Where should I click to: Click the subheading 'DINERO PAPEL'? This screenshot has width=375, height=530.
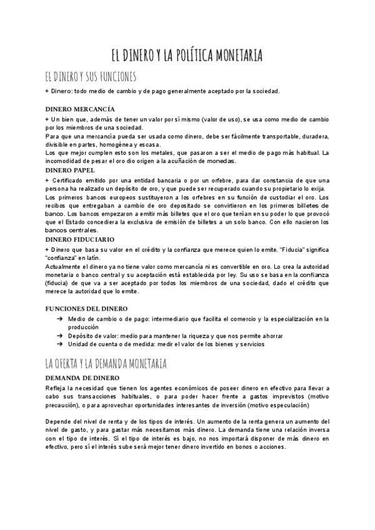point(70,169)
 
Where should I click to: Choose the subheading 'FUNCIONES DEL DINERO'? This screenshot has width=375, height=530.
point(86,309)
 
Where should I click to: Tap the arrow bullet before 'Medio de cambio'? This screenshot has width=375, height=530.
point(58,319)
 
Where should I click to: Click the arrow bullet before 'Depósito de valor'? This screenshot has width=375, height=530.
point(58,336)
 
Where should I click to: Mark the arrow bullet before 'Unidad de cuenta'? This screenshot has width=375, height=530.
point(58,344)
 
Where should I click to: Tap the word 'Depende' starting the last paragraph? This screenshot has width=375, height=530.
point(59,422)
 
